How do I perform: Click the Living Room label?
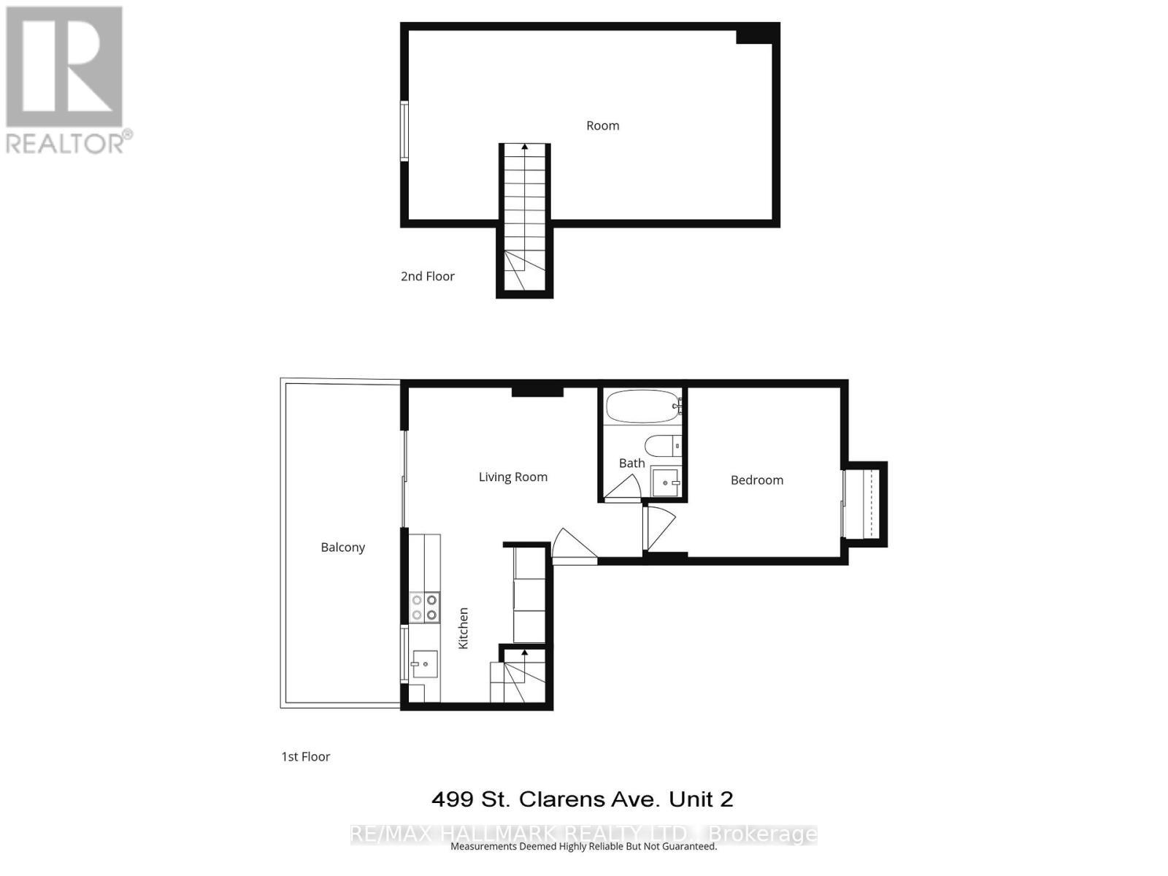512,477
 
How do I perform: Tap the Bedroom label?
757,480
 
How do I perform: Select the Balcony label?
342,547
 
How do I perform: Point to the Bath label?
631,463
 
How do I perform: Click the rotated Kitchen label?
463,628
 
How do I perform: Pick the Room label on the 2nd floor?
602,126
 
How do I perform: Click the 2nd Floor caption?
427,276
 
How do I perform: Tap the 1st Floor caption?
305,756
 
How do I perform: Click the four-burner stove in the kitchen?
424,607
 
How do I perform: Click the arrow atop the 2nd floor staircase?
524,147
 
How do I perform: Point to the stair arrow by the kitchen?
524,653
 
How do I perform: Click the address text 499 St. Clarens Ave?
582,799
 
